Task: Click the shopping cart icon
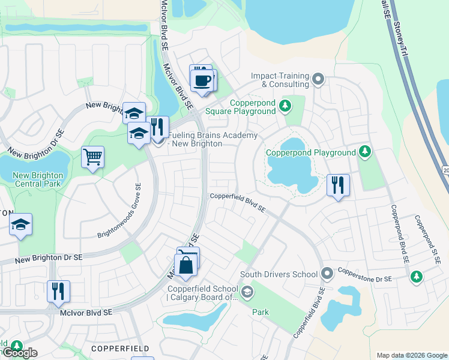tap(92, 158)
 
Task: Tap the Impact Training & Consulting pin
tap(319, 79)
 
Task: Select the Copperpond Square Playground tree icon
tap(286, 106)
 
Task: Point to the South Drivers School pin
tap(327, 274)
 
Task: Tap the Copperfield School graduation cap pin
tap(248, 293)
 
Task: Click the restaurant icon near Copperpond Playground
tap(338, 185)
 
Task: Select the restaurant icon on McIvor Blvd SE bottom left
tap(58, 291)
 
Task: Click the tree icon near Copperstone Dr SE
tap(416, 277)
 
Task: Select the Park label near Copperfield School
tap(261, 312)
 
